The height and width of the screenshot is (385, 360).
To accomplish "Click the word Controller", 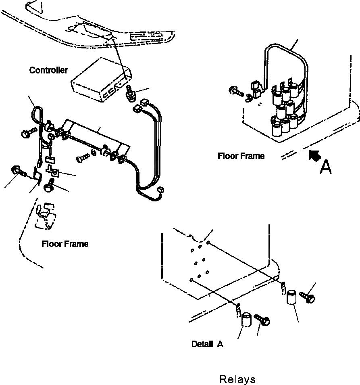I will pos(48,70).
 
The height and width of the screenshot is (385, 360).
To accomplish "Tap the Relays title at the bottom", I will pos(237,379).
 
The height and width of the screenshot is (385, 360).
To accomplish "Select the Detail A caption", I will pos(207,344).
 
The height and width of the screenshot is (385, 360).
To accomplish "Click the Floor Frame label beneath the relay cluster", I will pos(241,156).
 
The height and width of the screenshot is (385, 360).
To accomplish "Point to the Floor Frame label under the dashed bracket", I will pos(65,244).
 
